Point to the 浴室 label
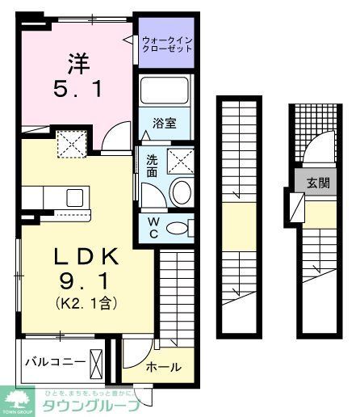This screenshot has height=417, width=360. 165,124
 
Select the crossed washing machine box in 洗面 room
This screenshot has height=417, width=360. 180,161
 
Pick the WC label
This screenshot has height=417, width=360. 152,227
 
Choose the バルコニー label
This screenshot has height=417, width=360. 54,361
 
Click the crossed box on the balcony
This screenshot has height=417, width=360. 98,361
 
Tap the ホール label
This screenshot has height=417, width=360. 164,367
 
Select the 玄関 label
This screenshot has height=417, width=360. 316,183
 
